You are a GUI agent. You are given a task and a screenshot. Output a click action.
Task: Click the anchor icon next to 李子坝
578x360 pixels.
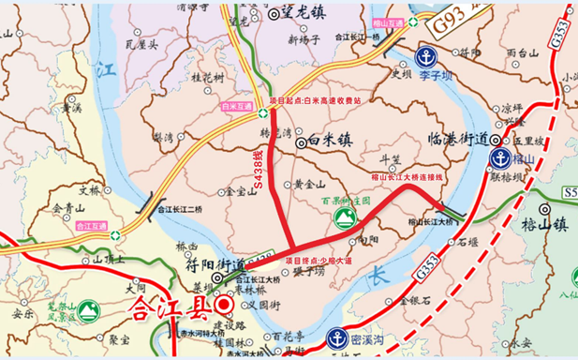click(426, 56)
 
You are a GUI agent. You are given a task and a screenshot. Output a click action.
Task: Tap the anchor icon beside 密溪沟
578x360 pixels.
click(338, 337)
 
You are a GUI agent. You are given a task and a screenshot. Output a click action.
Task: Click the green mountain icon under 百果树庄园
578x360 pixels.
click(344, 217)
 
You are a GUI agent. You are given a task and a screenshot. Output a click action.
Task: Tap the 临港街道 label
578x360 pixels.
click(456, 139)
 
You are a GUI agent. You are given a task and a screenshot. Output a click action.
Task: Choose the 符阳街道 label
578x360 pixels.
click(209, 264)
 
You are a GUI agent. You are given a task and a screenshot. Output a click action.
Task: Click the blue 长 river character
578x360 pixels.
click(377, 275)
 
